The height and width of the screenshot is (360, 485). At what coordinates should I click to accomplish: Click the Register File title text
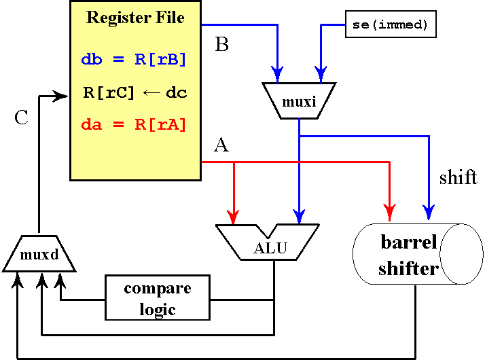point(135,18)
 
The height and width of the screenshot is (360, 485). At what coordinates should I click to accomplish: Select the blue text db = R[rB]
point(134,59)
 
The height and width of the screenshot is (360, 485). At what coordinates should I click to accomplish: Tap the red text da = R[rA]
point(134,124)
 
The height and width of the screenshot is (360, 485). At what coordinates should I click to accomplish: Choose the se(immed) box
point(390,24)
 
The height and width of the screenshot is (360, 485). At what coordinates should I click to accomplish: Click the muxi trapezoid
point(300,101)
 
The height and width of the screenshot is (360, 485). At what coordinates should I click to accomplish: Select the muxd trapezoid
point(39,255)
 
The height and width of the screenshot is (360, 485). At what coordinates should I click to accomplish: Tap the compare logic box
point(157,298)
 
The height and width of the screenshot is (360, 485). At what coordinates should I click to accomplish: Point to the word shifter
point(408,268)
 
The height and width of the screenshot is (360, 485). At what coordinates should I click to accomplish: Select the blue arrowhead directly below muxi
point(298,215)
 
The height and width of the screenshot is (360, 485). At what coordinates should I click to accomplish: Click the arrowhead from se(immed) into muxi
point(320,73)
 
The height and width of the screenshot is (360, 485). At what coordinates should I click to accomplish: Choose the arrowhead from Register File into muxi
point(277,73)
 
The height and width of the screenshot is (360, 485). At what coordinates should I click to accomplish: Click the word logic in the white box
point(158,310)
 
